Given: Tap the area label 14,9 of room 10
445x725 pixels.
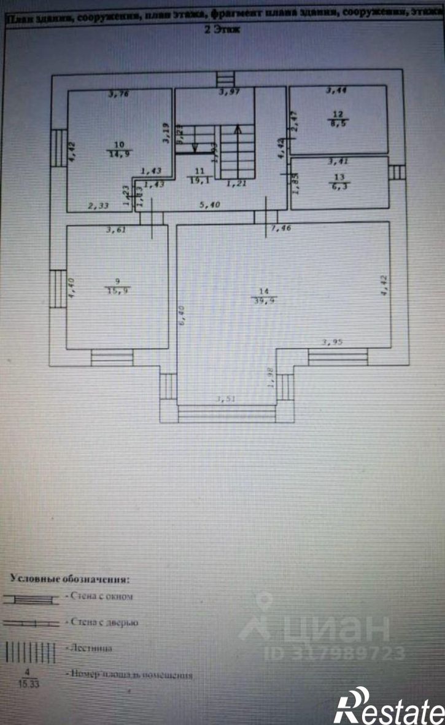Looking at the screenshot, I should [119, 154].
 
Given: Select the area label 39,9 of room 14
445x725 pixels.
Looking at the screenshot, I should [265, 300].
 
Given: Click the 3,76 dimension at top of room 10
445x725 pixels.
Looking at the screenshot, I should [118, 94].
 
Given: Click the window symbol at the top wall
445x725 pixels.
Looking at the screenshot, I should [225, 80].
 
